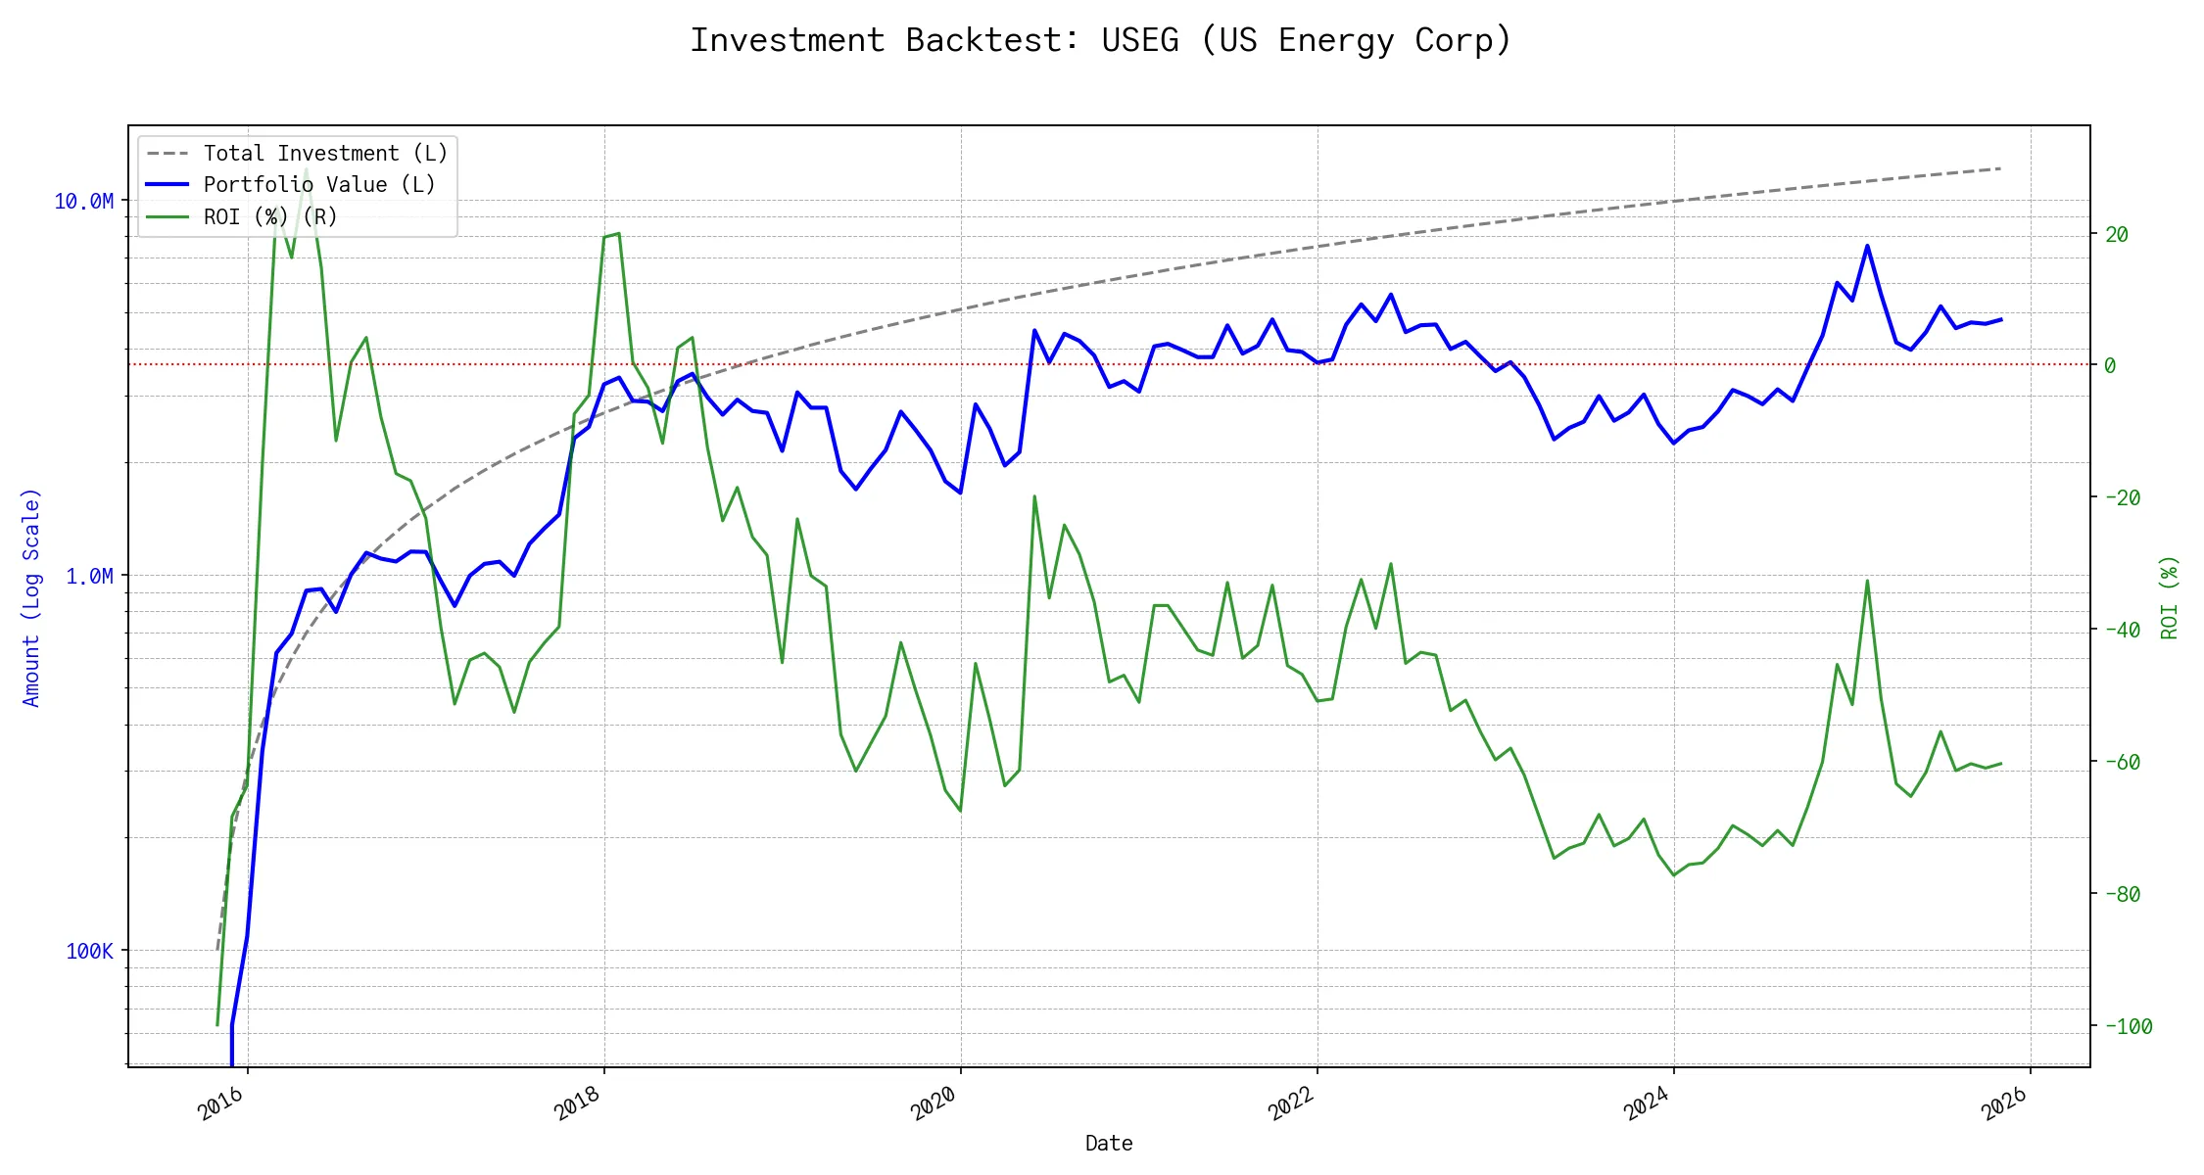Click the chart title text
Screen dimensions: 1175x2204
pyautogui.click(x=1101, y=40)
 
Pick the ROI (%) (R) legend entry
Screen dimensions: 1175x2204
pyautogui.click(x=269, y=216)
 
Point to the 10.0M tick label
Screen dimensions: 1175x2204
pyautogui.click(x=83, y=202)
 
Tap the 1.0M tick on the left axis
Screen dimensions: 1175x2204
pyautogui.click(x=89, y=577)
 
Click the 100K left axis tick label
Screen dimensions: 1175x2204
pyautogui.click(x=89, y=952)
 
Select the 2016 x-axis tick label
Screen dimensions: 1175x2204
pyautogui.click(x=220, y=1104)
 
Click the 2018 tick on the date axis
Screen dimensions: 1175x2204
pyautogui.click(x=577, y=1104)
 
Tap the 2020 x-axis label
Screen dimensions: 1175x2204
pyautogui.click(x=934, y=1104)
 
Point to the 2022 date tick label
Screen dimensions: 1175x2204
pyautogui.click(x=1290, y=1104)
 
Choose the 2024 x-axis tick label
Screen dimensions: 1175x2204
pyautogui.click(x=1647, y=1104)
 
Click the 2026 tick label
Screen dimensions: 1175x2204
pyautogui.click(x=2003, y=1104)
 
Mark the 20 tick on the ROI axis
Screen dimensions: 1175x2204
pyautogui.click(x=2117, y=234)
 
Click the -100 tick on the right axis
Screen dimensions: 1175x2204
pyautogui.click(x=2122, y=1027)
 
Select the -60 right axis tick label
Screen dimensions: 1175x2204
pyautogui.click(x=2122, y=762)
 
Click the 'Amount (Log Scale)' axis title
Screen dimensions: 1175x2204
pyautogui.click(x=31, y=597)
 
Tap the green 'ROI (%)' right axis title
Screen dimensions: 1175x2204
pyautogui.click(x=2170, y=597)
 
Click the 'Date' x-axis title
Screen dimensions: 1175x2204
pyautogui.click(x=1109, y=1144)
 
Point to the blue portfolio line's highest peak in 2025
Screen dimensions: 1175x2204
pyautogui.click(x=1867, y=246)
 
